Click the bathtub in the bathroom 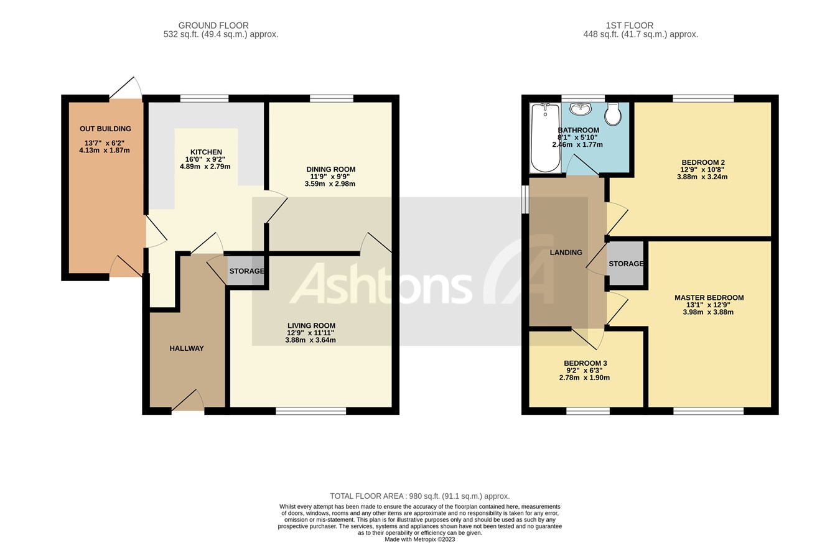pyautogui.click(x=545, y=137)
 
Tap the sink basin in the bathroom pyautogui.click(x=580, y=109)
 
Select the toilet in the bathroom pyautogui.click(x=613, y=114)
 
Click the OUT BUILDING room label pyautogui.click(x=105, y=129)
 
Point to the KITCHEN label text pyautogui.click(x=206, y=152)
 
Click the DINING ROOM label pyautogui.click(x=330, y=169)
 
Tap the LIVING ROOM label pyautogui.click(x=311, y=326)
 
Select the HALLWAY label pyautogui.click(x=187, y=348)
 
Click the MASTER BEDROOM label pyautogui.click(x=709, y=298)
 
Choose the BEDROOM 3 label pyautogui.click(x=585, y=363)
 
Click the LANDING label pyautogui.click(x=566, y=253)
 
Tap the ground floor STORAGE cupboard pyautogui.click(x=246, y=271)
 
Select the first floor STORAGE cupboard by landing pyautogui.click(x=626, y=264)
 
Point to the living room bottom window pyautogui.click(x=311, y=411)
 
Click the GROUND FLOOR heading pyautogui.click(x=213, y=26)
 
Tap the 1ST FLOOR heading pyautogui.click(x=630, y=26)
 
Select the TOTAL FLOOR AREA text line pyautogui.click(x=419, y=496)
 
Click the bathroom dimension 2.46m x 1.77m pyautogui.click(x=577, y=144)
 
